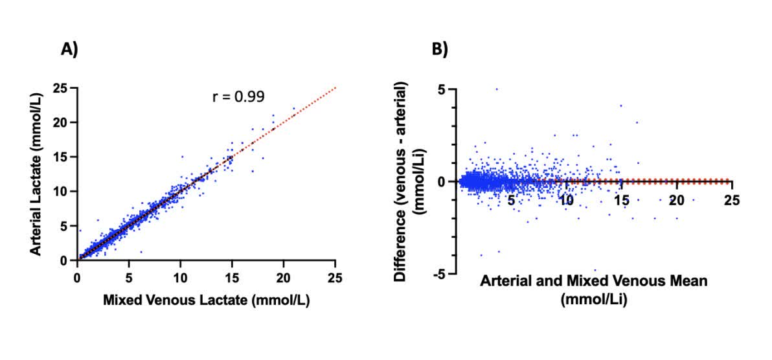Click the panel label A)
[x=69, y=49]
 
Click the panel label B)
[x=440, y=49]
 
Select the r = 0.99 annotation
[x=238, y=97]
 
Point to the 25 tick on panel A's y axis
[x=64, y=88]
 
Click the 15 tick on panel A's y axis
[x=64, y=157]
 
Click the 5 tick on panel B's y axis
[x=441, y=89]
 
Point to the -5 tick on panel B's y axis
[x=438, y=274]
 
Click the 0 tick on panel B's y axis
[x=441, y=182]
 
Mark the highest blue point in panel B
[x=497, y=89]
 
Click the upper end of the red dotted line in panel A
[x=335, y=87]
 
